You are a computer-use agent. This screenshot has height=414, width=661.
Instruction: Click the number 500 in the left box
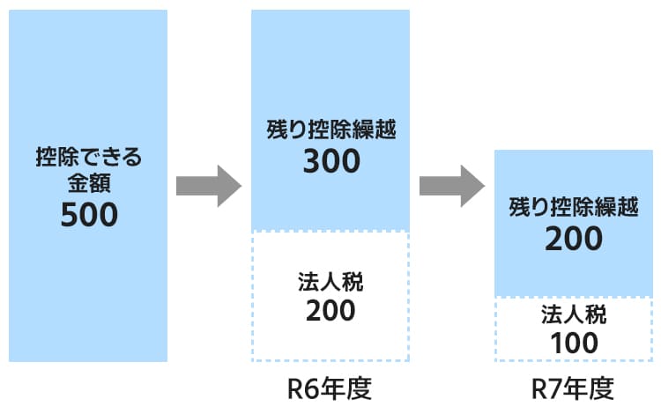pos(89,215)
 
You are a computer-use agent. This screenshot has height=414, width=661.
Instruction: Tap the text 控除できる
pos(89,159)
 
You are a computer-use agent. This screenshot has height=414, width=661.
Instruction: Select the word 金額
pos(89,185)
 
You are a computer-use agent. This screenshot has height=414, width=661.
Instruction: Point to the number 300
pos(330,161)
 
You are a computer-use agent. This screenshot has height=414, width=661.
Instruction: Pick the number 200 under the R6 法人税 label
pos(330,310)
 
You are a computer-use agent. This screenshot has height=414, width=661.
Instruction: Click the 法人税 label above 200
pos(330,282)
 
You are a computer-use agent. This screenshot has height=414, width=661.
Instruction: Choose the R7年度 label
pos(573,388)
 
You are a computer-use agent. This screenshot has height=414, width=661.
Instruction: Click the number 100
pos(573,342)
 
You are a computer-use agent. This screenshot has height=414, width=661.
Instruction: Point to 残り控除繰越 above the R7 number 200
pos(573,208)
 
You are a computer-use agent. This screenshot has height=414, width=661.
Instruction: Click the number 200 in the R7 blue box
pos(573,238)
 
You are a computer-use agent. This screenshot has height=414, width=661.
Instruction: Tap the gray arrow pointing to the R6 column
pos(209,186)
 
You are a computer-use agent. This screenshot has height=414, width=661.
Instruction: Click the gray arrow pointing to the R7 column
pos(451,186)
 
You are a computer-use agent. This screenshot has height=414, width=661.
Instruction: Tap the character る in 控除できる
pos(132,159)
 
